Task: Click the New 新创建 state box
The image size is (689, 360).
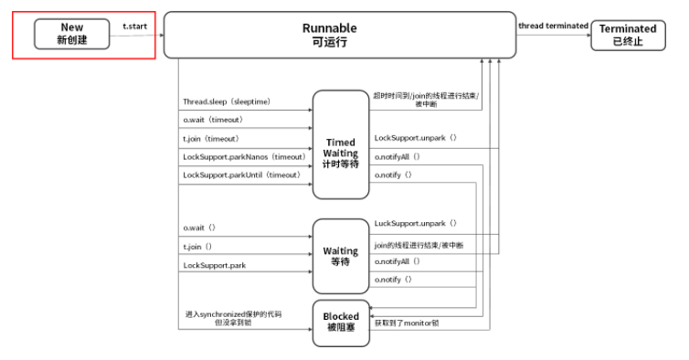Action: (71, 35)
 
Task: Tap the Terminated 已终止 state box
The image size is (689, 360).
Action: (627, 35)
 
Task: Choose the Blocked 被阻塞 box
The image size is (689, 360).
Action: (340, 323)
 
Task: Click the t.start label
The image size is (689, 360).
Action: (134, 26)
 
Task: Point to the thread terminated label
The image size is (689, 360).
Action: (553, 26)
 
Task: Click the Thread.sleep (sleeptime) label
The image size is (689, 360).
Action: (226, 101)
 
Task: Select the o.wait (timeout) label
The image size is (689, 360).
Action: (213, 120)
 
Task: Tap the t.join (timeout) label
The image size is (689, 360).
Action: (212, 139)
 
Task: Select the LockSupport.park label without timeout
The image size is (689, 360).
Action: (215, 265)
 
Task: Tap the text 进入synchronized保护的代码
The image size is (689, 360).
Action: (233, 313)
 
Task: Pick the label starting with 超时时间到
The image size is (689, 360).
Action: (426, 95)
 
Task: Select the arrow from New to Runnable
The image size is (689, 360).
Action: (137, 36)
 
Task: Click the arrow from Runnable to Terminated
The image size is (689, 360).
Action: (553, 36)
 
